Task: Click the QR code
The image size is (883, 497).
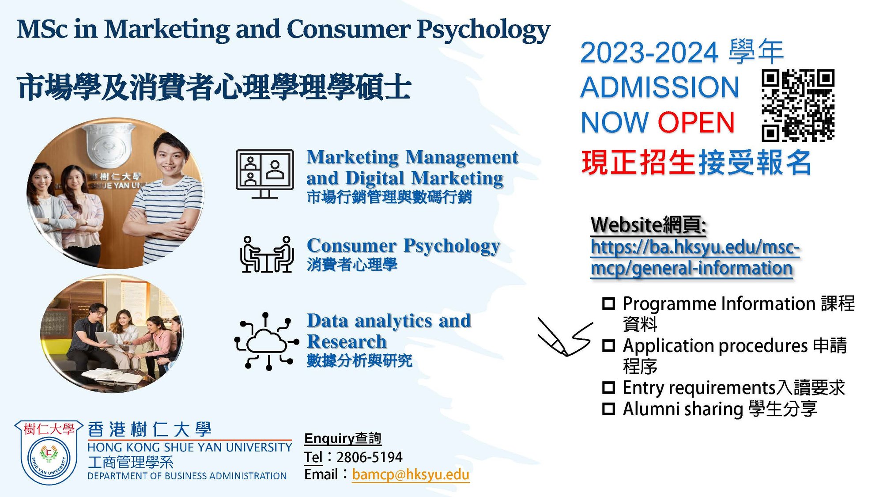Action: point(798,106)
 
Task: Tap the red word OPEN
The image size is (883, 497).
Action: point(696,122)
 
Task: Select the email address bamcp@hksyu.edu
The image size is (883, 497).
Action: point(411,474)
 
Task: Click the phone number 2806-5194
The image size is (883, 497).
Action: point(370,457)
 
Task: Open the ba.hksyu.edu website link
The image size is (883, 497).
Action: point(695,257)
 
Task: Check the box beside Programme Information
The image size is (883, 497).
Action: point(609,304)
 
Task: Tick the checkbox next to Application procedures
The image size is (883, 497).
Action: point(609,345)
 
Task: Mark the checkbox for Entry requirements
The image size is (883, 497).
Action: point(609,388)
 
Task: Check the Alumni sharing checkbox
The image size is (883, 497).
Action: point(609,409)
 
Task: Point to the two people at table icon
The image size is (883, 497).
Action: point(267,254)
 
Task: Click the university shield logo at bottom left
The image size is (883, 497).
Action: point(49,452)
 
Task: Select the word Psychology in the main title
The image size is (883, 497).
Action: point(483,30)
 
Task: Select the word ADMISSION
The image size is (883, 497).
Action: point(660,87)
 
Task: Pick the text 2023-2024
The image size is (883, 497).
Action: point(649,53)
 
